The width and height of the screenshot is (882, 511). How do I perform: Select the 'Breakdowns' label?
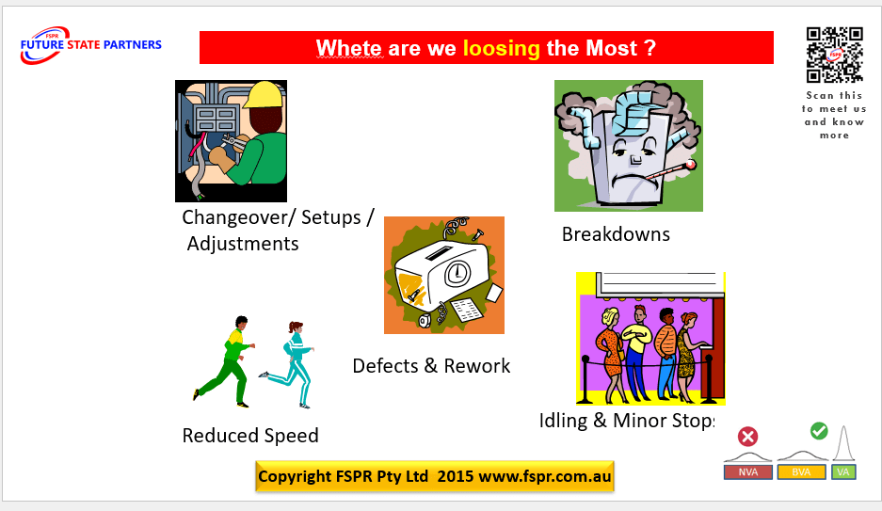(616, 234)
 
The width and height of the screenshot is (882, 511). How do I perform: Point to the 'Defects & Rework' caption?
(431, 366)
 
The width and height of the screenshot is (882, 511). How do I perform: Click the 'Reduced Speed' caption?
(250, 436)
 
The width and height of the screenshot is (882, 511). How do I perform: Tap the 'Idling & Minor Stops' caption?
(628, 421)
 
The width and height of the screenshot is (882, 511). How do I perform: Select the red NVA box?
(748, 471)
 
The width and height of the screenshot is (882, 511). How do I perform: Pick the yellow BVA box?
(801, 471)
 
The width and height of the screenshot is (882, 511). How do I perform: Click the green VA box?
(844, 471)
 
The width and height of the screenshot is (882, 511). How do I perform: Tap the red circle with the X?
(748, 437)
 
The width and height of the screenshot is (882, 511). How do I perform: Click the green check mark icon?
(819, 431)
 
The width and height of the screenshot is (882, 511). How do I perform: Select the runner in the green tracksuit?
(229, 362)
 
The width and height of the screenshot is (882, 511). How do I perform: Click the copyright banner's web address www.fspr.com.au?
(545, 476)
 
